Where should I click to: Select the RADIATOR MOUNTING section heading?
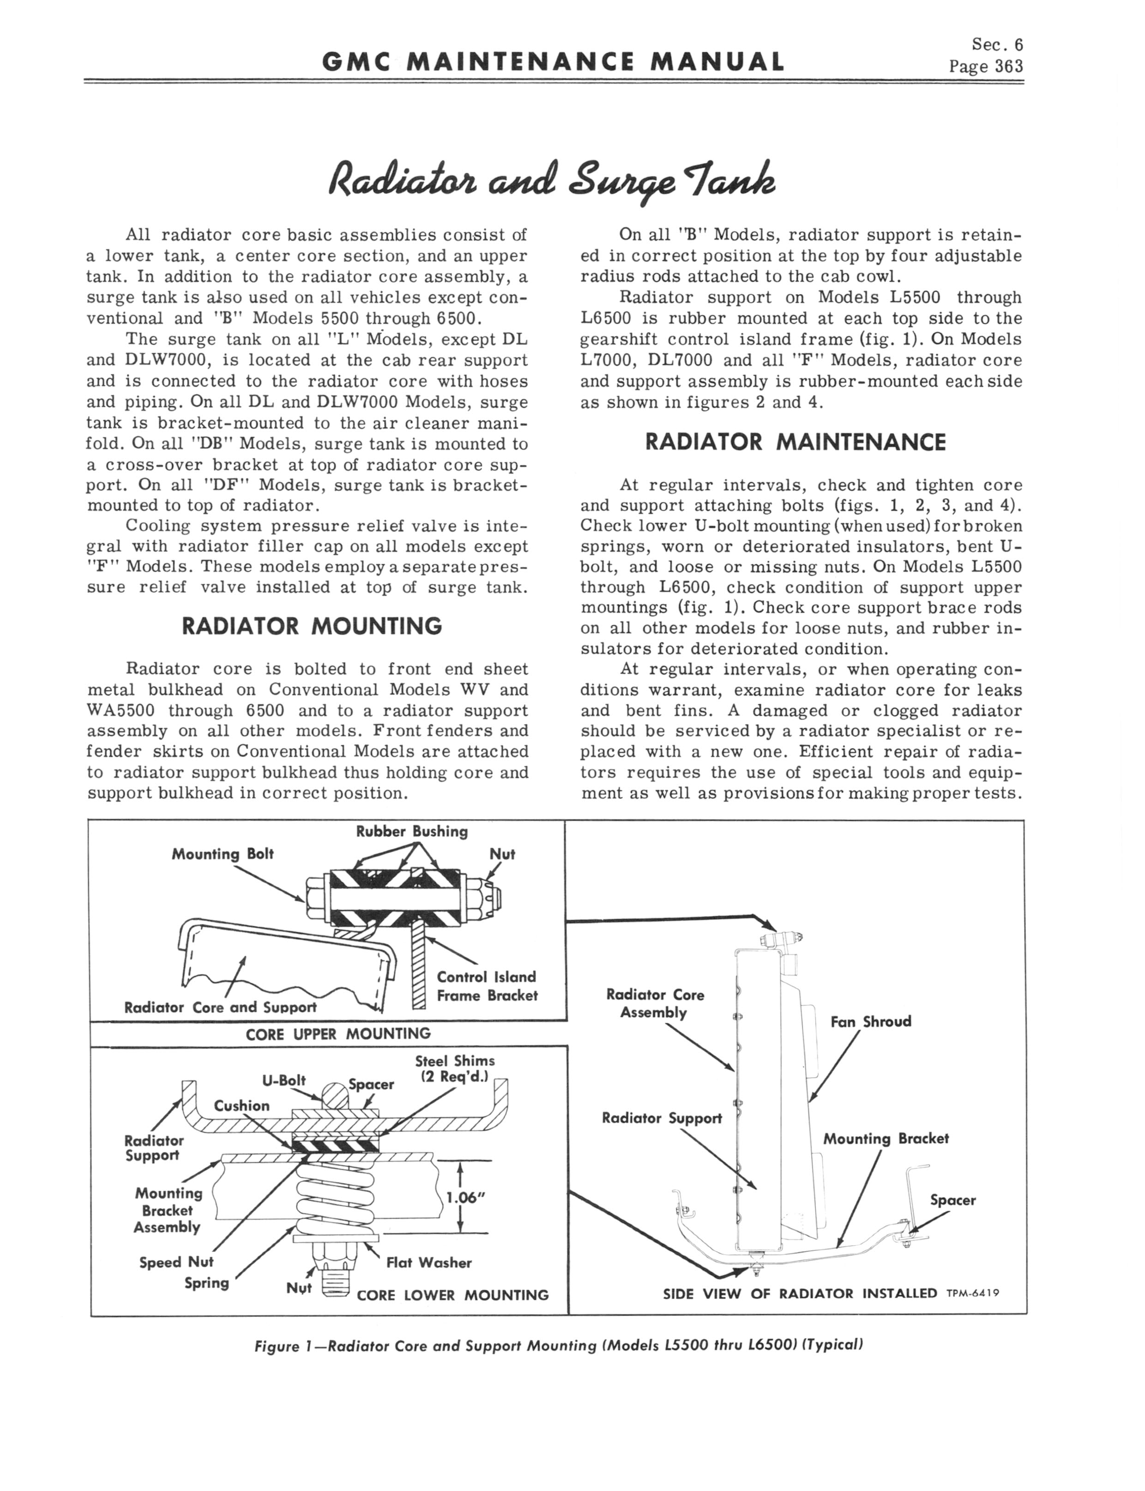pos(312,626)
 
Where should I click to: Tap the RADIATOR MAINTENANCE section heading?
pos(795,442)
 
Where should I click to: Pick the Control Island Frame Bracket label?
pos(487,986)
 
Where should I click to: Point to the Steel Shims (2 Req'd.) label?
pos(455,1069)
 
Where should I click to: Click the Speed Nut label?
pos(176,1263)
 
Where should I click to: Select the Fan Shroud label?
pos(870,1021)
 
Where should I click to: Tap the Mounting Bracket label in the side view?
pos(886,1139)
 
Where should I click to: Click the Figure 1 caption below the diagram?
pos(558,1346)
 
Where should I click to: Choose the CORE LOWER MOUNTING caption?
pos(452,1295)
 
